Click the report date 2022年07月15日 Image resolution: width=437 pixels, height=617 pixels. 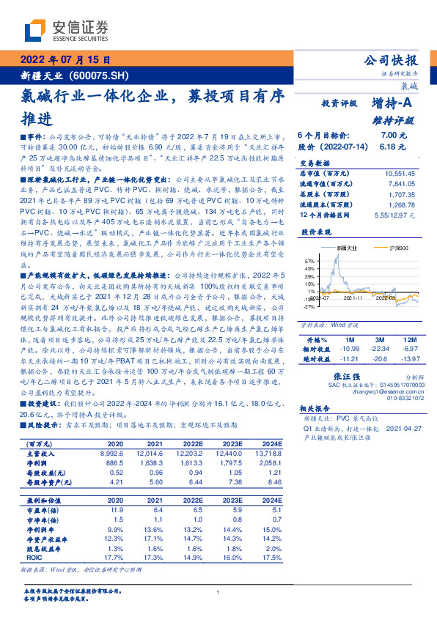pos(65,60)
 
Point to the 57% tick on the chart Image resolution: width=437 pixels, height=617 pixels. pos(309,261)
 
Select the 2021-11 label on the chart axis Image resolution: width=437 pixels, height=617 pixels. pos(353,298)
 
